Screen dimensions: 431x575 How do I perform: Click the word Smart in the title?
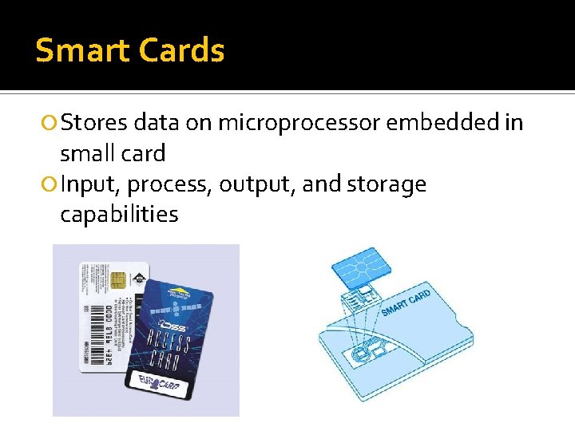83,50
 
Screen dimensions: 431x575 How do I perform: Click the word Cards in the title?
182,50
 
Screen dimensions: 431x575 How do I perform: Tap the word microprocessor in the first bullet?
299,122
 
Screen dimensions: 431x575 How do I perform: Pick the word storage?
387,185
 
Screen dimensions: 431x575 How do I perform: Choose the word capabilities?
119,215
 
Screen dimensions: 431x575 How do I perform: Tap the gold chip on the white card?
117,282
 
